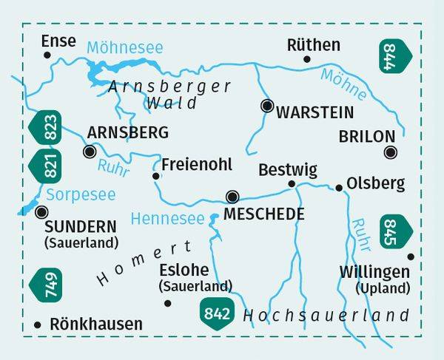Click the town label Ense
tap(59, 41)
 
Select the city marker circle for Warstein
tap(266, 106)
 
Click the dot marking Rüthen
tap(307, 59)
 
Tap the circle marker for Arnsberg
tap(90, 152)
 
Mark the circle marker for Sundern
tap(40, 212)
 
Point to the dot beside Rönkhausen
tap(38, 324)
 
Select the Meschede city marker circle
tap(233, 197)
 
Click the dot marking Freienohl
tap(155, 176)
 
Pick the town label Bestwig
tap(287, 170)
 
